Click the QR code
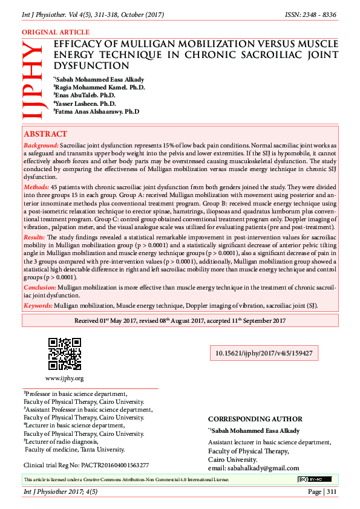64,354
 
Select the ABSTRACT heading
45,134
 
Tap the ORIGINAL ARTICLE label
56,32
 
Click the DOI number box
264,353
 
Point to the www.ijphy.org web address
64,378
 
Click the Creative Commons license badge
314,479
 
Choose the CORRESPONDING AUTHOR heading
255,419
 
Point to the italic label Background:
41,146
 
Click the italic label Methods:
37,189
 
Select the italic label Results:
34,238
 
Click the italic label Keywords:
38,306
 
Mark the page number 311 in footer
330,491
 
